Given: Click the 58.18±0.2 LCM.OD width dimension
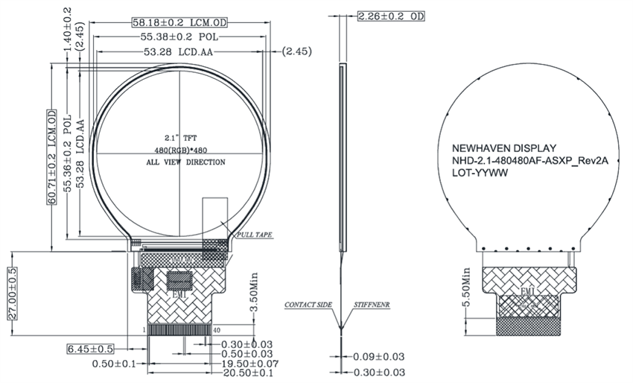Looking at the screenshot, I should click(x=179, y=22).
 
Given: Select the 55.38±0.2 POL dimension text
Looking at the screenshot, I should click(x=179, y=37).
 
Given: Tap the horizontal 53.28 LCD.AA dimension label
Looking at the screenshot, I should click(x=179, y=51).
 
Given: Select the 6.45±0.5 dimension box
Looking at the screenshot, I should click(x=90, y=349).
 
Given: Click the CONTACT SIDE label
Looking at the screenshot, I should click(x=308, y=306).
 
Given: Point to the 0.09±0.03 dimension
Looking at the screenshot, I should click(x=379, y=356).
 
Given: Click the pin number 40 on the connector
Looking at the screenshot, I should click(x=217, y=329).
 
